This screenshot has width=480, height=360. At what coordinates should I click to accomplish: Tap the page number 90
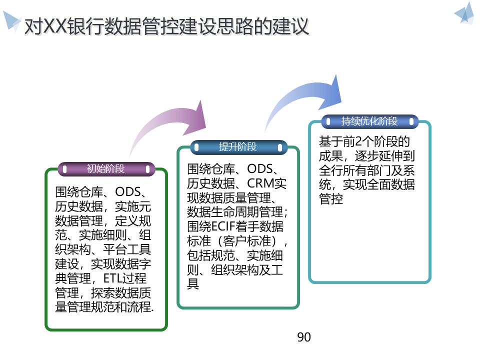pos(304,337)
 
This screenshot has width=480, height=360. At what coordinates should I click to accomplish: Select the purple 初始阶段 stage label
pos(106,169)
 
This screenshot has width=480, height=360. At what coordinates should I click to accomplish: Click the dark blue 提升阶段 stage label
pos(238,147)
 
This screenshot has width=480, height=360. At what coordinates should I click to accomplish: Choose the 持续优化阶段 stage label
pos(369,121)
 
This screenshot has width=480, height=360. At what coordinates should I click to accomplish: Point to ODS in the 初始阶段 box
pos(129,191)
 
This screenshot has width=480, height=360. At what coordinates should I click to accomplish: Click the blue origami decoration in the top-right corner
pos(465,14)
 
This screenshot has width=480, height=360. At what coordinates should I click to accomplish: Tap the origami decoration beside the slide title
pos(11,20)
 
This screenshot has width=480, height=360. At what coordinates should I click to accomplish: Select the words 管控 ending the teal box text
pos(331,199)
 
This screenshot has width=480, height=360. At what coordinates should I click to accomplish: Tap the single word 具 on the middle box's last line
pos(193,284)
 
